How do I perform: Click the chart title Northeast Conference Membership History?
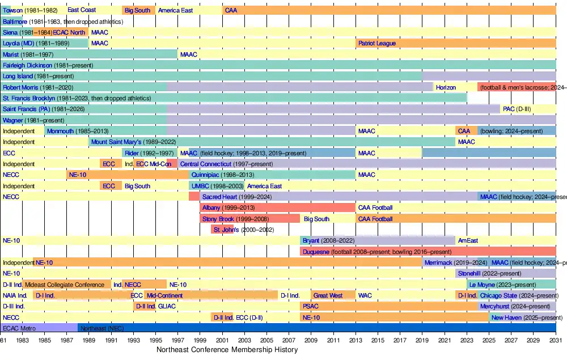point(227,350)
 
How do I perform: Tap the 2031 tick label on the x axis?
point(556,340)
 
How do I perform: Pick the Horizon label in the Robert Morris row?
point(446,87)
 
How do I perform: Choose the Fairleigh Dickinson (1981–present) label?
point(42,65)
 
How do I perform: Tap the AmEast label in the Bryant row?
point(468,240)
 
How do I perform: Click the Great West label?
point(328,295)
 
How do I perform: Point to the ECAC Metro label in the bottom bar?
point(19,328)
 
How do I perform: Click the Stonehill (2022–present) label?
point(489,273)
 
